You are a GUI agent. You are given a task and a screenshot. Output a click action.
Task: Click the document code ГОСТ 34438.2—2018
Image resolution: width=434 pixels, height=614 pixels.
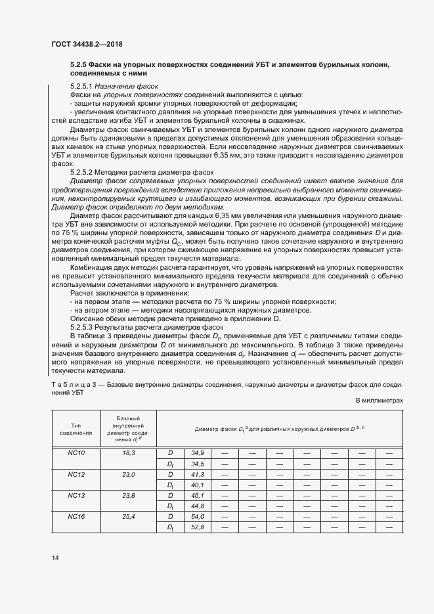coord(86,44)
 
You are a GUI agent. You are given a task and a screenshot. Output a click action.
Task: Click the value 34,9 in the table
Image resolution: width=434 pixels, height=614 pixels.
coord(198,453)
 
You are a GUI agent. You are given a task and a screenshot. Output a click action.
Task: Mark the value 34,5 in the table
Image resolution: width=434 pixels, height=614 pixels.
coord(198,464)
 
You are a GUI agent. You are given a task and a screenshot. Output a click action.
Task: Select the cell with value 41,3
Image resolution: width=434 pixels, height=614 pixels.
coord(198,473)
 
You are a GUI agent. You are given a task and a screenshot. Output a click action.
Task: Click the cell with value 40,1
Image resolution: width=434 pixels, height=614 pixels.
coord(198,485)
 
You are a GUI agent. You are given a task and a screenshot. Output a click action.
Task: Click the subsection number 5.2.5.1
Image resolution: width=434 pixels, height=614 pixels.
coord(83,86)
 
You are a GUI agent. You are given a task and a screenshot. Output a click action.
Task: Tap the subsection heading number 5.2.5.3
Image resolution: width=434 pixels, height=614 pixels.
coord(83,326)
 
